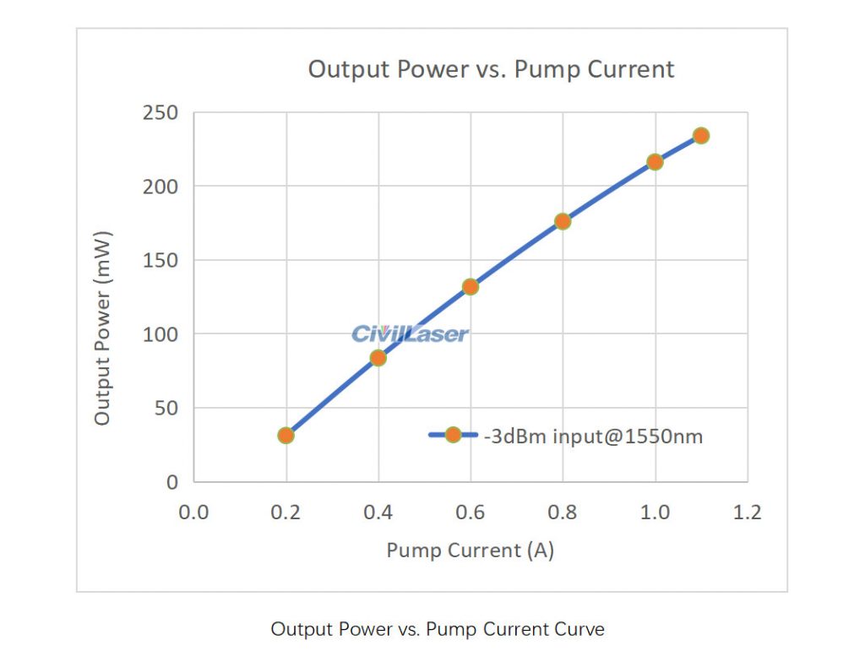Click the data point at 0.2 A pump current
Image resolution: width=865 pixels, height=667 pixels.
click(286, 436)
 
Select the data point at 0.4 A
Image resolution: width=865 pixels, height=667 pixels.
click(378, 358)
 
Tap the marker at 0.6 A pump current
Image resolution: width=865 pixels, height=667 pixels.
click(471, 287)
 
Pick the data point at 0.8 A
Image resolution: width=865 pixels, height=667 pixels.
click(563, 221)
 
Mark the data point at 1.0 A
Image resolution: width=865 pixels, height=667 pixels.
click(655, 162)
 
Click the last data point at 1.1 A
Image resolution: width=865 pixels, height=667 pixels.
click(700, 136)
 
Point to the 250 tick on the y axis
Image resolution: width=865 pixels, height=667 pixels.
click(160, 113)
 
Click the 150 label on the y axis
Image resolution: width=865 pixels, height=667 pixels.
click(160, 260)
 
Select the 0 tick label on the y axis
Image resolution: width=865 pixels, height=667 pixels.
click(172, 482)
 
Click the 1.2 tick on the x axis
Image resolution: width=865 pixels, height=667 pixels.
click(747, 512)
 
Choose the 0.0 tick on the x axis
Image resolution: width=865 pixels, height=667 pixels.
click(193, 512)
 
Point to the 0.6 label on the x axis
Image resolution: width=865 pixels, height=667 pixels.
click(471, 512)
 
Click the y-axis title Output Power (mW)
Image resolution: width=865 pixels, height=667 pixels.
click(102, 327)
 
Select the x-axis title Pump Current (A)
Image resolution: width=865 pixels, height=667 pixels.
click(470, 550)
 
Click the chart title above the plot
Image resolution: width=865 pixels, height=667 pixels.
click(491, 69)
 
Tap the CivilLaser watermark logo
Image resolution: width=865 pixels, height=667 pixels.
click(410, 334)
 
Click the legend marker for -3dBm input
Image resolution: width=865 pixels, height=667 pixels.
click(453, 436)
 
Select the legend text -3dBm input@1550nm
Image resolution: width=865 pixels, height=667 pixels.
click(593, 437)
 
